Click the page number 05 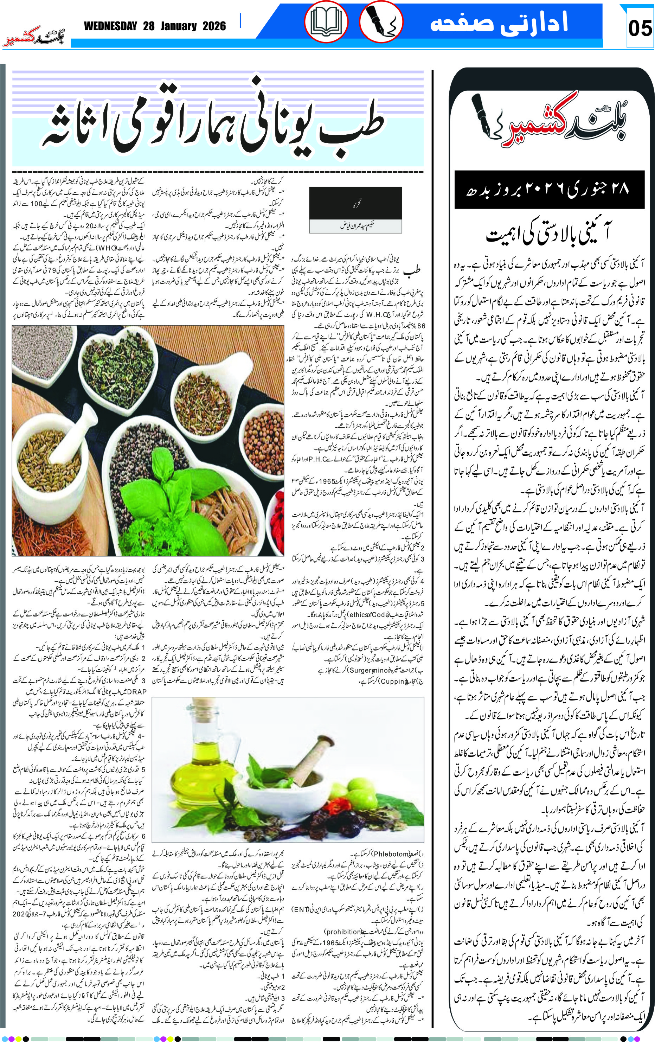640,28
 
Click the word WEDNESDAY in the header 110,26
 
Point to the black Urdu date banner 549,189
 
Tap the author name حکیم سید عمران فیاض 355,225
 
